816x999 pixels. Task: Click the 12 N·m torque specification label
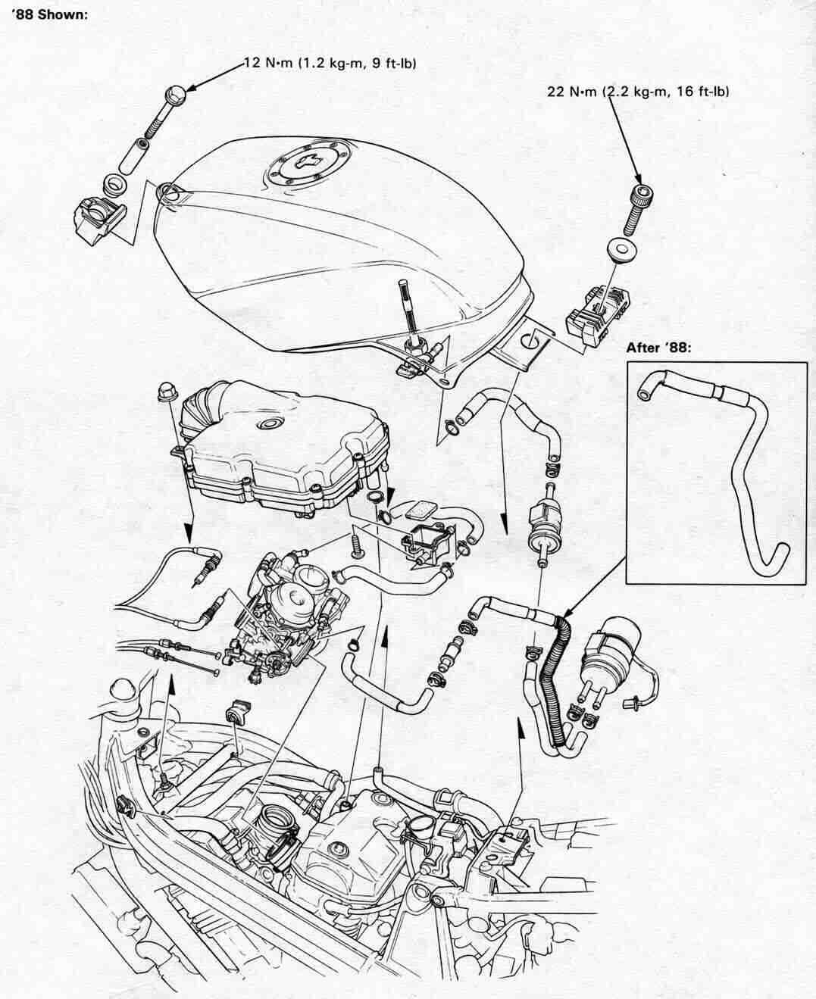tap(330, 64)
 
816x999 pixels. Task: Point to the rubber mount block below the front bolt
tap(93, 219)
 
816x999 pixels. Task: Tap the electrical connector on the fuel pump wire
tap(628, 704)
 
